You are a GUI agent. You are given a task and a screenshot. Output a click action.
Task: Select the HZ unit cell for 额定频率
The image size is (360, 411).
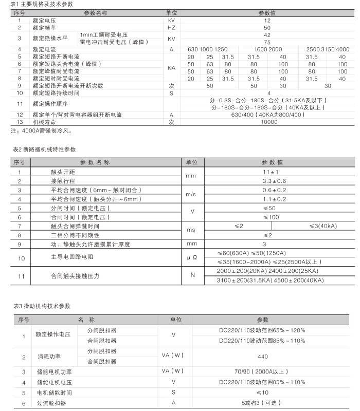tap(171, 27)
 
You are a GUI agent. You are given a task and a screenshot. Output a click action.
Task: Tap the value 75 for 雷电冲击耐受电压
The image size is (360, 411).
tap(267, 42)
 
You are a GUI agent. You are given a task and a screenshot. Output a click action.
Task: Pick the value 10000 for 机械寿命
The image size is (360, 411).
tap(267, 122)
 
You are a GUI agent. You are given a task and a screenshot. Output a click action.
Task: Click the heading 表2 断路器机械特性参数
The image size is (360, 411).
tap(45, 149)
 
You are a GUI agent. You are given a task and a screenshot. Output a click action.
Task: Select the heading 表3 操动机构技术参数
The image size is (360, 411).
tap(42, 306)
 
